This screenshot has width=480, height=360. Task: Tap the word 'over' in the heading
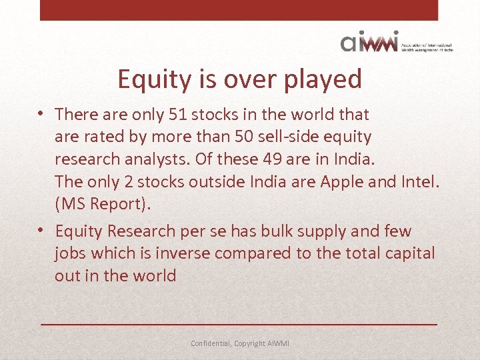[x=228, y=79]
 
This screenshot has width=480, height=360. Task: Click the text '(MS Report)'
[x=103, y=204]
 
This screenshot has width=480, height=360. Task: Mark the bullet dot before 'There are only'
[x=42, y=113]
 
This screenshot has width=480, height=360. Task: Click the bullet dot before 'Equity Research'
[x=42, y=230]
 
